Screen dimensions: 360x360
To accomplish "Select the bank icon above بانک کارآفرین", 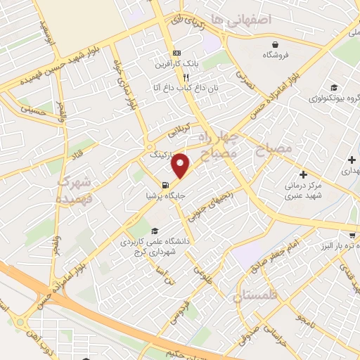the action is click(177, 53).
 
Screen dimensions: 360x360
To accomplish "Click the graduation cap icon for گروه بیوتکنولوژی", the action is click(314, 87).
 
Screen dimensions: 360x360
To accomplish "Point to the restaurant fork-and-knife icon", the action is click(186, 78).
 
